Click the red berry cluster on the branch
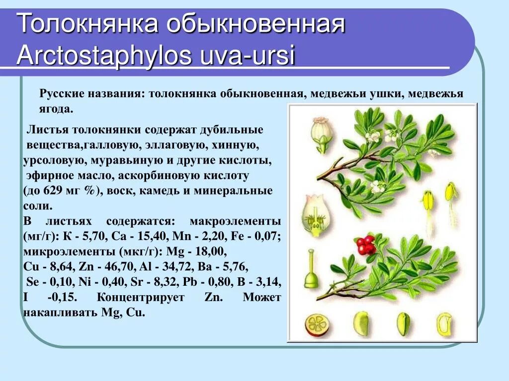click(x=366, y=244)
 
